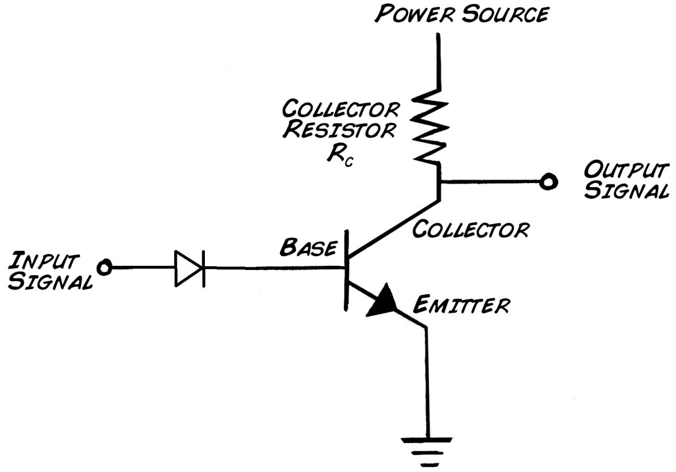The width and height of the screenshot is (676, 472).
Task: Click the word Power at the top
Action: click(x=415, y=14)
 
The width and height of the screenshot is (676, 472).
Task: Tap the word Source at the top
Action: click(x=505, y=14)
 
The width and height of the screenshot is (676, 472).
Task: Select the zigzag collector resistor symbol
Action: click(x=430, y=127)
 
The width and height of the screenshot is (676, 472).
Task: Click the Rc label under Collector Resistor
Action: click(x=340, y=157)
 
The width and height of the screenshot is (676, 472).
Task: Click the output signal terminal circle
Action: click(x=548, y=182)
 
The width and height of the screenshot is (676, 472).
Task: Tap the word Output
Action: click(x=626, y=170)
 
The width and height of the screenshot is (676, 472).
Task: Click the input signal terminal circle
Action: click(x=105, y=267)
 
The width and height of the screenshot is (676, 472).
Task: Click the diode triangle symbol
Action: click(x=189, y=268)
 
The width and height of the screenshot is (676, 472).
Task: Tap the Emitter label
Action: click(x=462, y=305)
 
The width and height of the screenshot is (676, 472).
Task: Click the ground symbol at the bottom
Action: click(x=426, y=452)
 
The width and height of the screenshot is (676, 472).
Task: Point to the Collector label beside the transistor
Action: click(x=471, y=229)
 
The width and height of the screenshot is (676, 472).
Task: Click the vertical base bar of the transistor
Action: click(x=346, y=270)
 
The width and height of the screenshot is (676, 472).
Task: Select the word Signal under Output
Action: click(x=626, y=190)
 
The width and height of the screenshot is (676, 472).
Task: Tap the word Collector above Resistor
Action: click(x=341, y=109)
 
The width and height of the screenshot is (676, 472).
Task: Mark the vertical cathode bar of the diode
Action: click(x=204, y=268)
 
